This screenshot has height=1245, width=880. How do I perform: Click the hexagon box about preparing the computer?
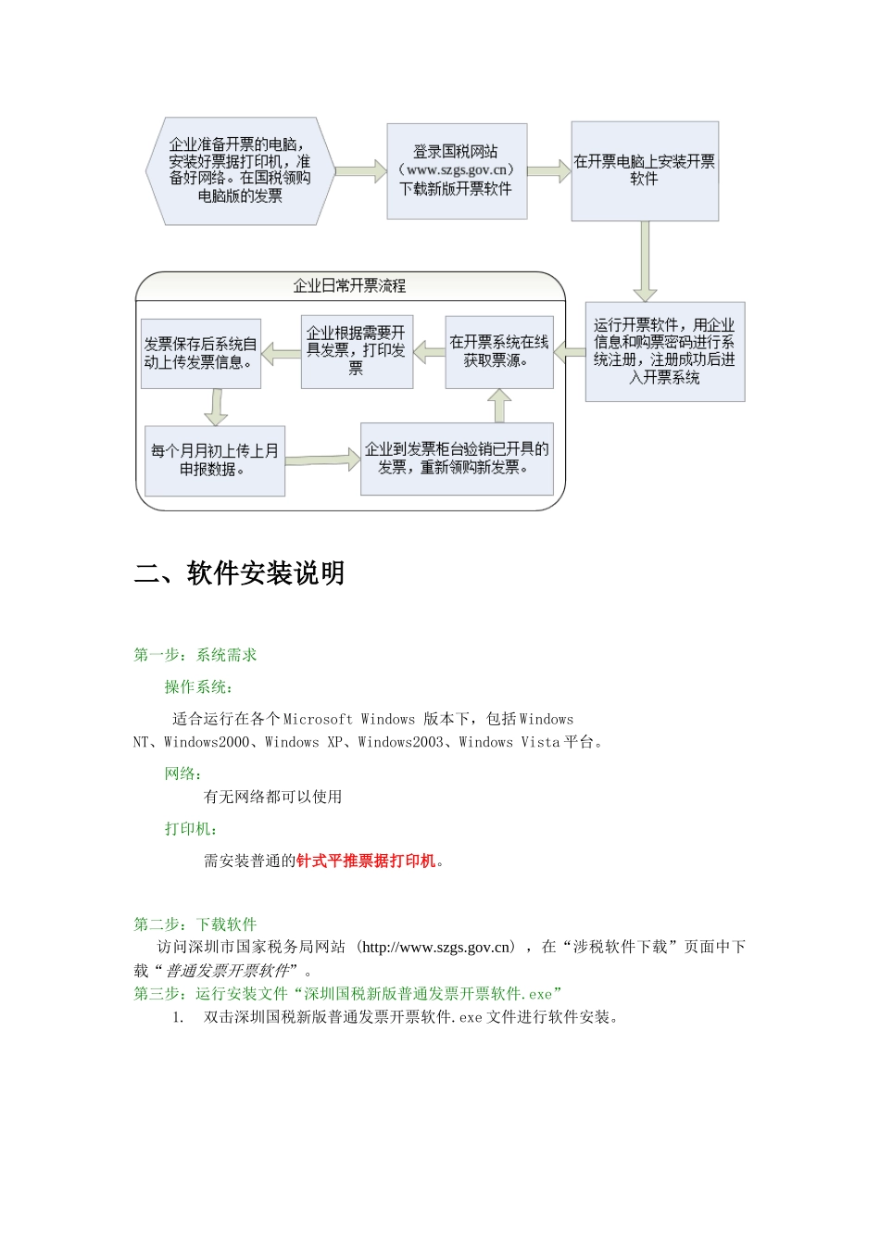[x=239, y=170]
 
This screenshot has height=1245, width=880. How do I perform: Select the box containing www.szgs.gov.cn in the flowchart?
[x=457, y=170]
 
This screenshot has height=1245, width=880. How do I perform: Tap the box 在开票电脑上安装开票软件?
[x=645, y=170]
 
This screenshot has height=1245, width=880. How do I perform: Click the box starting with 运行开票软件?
[x=664, y=351]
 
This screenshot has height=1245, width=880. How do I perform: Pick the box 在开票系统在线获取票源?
[x=498, y=351]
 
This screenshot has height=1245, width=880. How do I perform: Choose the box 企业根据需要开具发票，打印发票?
[x=357, y=351]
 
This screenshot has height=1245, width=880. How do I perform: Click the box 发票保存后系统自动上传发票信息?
[x=200, y=353]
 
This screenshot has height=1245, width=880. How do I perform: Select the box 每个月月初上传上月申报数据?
[x=215, y=460]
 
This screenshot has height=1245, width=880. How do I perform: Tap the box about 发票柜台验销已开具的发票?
[x=457, y=459]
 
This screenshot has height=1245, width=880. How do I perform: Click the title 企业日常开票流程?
[x=350, y=286]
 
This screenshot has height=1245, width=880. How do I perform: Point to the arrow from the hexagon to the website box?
[x=360, y=171]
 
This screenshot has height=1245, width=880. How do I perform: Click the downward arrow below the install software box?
[x=645, y=261]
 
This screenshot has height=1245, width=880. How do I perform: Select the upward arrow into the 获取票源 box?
[x=499, y=406]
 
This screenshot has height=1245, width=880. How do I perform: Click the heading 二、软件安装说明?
[x=240, y=573]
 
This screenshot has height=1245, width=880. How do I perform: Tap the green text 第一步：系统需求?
[x=195, y=655]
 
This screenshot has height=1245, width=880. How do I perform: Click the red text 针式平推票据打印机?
[x=366, y=861]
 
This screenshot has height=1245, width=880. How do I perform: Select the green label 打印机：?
[x=191, y=828]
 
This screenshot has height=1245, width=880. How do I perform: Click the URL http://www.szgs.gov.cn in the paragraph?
[x=437, y=947]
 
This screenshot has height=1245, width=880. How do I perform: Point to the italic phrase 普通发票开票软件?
[x=228, y=971]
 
